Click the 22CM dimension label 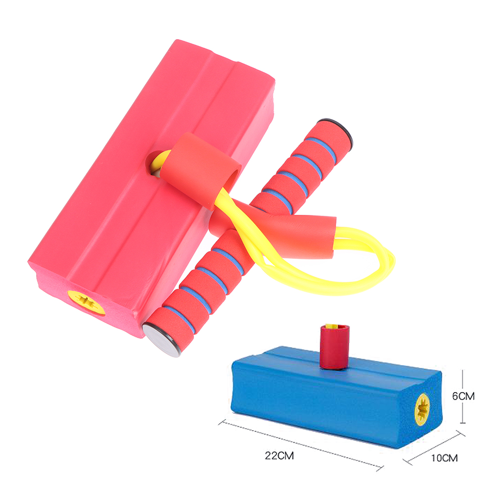tap(279, 456)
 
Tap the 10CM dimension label tap(444, 458)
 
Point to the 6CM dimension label tap(463, 396)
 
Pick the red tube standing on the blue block tap(335, 347)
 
